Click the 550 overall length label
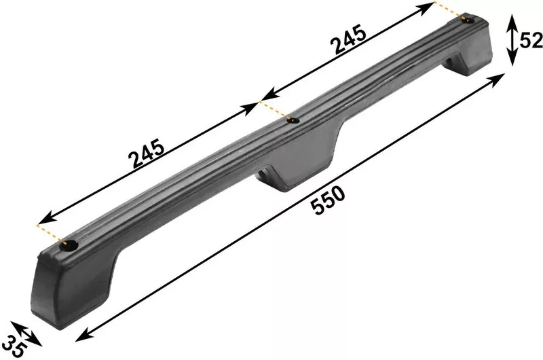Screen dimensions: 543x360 coord(328,200)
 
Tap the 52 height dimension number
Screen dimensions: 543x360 coord(531,41)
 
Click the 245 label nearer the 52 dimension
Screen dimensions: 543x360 coord(348,39)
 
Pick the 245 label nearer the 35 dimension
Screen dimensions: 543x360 coord(146,153)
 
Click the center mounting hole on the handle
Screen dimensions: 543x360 coord(294,120)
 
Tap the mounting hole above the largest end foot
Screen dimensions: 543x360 coord(69,245)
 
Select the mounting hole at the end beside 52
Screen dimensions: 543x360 coord(468,20)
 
